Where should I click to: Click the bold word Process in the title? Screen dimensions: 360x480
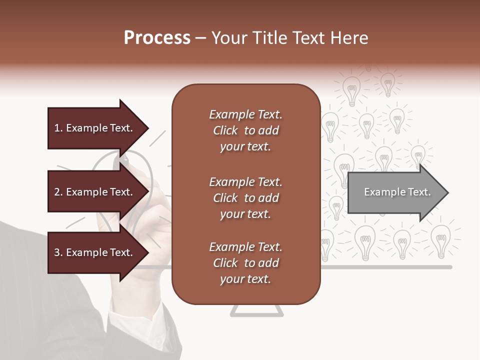pos(157,37)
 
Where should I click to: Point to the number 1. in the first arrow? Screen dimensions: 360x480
pos(58,128)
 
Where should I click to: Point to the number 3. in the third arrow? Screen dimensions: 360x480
pos(58,252)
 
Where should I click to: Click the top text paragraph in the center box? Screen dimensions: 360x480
pos(245,130)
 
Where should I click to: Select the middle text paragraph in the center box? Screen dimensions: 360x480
pos(245,198)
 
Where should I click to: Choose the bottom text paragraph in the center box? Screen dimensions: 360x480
pos(245,263)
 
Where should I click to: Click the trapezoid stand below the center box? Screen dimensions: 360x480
pos(256,311)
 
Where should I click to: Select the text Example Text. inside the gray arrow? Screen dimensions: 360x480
pos(397,192)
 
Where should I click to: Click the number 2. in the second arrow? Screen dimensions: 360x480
pos(58,192)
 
